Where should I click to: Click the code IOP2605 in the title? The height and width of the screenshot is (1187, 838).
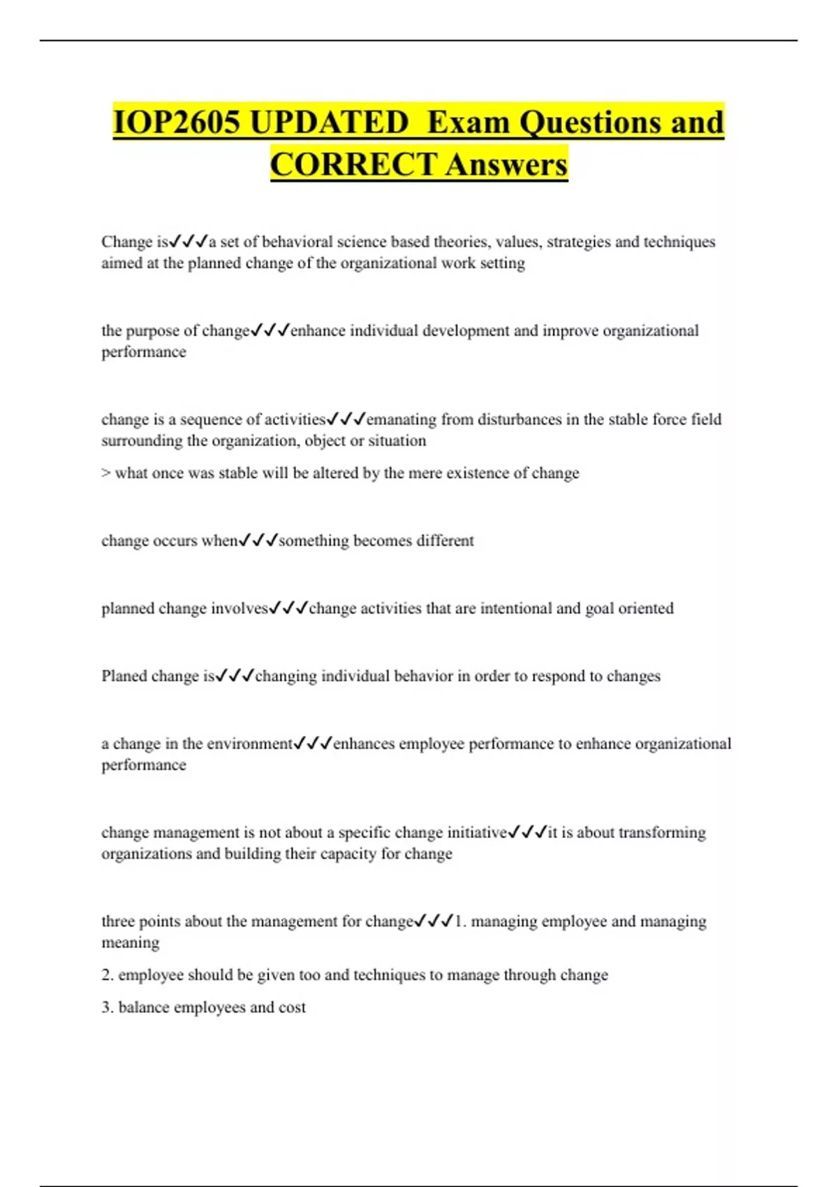[x=177, y=122]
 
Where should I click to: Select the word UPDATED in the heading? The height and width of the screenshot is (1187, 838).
[x=329, y=122]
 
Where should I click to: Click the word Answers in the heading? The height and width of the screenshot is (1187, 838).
[x=507, y=165]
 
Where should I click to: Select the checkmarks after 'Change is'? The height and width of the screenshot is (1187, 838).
[x=189, y=242]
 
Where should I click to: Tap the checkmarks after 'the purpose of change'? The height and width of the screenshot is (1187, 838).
[x=270, y=330]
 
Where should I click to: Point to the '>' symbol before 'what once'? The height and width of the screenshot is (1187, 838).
[x=106, y=473]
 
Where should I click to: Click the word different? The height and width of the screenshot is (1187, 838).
[x=445, y=540]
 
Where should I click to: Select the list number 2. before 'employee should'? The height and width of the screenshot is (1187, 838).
[x=108, y=975]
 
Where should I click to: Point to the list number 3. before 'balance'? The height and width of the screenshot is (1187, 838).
[x=108, y=1008]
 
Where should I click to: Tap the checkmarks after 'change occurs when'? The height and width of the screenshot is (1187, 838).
[x=258, y=540]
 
